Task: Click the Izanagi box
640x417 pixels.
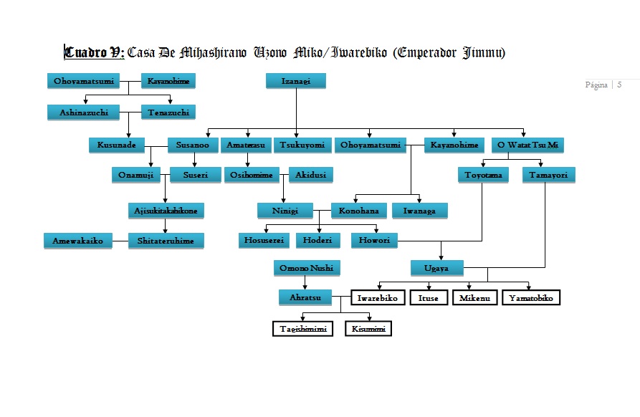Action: click(x=296, y=81)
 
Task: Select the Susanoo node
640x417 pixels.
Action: click(x=193, y=145)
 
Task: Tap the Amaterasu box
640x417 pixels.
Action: click(x=246, y=145)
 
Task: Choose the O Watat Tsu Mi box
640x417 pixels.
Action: click(x=526, y=145)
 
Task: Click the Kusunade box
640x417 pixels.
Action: click(x=117, y=145)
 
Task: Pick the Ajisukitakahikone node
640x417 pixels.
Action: click(x=166, y=210)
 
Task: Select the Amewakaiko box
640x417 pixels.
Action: click(x=77, y=241)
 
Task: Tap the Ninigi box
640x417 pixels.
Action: click(x=285, y=210)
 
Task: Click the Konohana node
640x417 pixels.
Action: click(x=359, y=210)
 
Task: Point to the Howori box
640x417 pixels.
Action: click(x=374, y=241)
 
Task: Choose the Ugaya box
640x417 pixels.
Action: click(x=437, y=268)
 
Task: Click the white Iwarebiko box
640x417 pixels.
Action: click(x=378, y=297)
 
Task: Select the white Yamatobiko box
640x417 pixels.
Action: click(x=531, y=297)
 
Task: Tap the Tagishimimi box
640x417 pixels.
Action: click(x=303, y=328)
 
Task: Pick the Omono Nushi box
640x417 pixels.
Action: click(x=307, y=268)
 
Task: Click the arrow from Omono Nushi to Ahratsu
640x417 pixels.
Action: click(x=307, y=282)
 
